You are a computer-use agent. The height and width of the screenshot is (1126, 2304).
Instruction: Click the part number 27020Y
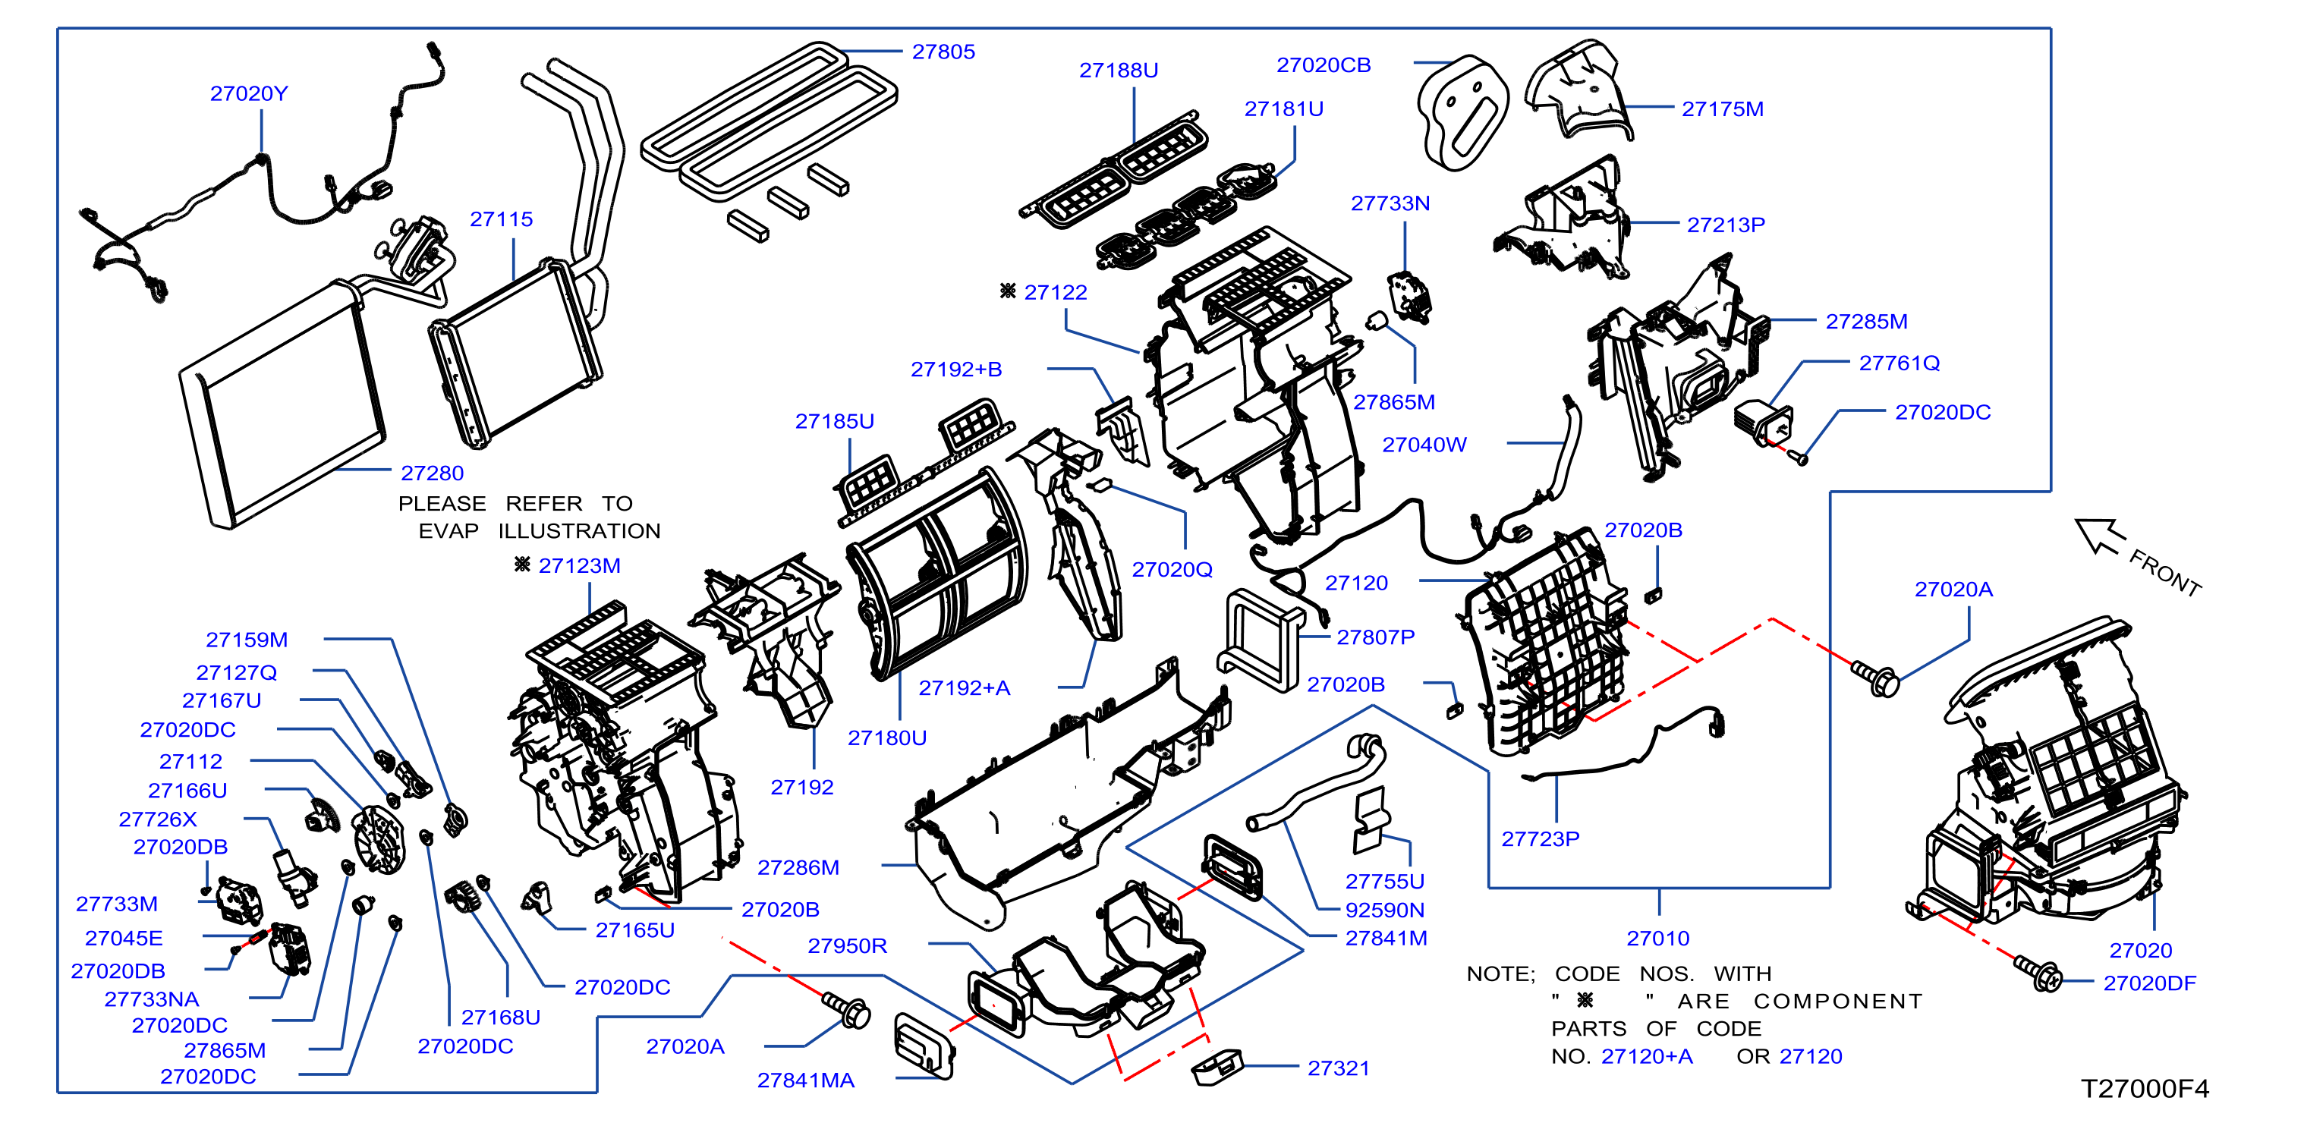tap(249, 94)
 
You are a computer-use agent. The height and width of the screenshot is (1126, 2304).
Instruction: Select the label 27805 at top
tap(943, 52)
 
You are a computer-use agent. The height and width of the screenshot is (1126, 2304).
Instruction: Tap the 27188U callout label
tap(1118, 71)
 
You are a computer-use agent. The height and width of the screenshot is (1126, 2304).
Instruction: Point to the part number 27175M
tap(1722, 109)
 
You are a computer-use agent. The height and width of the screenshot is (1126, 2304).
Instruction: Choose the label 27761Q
tap(1899, 363)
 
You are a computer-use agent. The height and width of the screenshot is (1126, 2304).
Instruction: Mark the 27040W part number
tap(1424, 445)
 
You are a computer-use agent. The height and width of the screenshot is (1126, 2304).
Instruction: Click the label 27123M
tap(579, 566)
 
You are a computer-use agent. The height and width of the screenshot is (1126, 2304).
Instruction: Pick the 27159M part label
tap(246, 640)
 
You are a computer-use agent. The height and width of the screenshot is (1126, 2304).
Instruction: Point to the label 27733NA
tap(151, 999)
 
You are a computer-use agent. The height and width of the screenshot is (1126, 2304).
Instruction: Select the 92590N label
tap(1383, 911)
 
